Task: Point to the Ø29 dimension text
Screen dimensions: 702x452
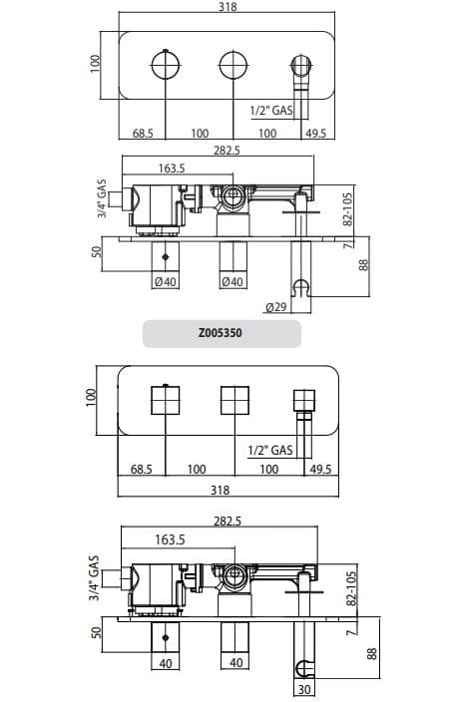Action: pyautogui.click(x=276, y=307)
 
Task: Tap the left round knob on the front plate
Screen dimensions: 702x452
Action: pyautogui.click(x=165, y=65)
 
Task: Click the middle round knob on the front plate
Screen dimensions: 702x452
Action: pyautogui.click(x=232, y=65)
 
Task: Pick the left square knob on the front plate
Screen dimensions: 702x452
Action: pyautogui.click(x=165, y=400)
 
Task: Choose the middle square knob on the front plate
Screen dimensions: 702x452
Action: pyautogui.click(x=233, y=400)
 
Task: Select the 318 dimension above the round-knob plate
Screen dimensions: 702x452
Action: pyautogui.click(x=226, y=8)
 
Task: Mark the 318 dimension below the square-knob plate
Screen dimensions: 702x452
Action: pyautogui.click(x=221, y=490)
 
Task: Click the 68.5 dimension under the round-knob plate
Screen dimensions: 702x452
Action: pyautogui.click(x=146, y=133)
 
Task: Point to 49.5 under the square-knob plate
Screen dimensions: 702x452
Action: pyautogui.click(x=321, y=469)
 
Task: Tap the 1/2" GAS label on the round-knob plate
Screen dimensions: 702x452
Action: pyautogui.click(x=270, y=113)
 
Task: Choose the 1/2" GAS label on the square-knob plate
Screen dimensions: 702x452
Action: pyautogui.click(x=270, y=450)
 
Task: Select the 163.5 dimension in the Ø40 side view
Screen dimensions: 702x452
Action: pyautogui.click(x=172, y=169)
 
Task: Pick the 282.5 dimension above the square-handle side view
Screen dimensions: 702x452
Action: pyautogui.click(x=228, y=522)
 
